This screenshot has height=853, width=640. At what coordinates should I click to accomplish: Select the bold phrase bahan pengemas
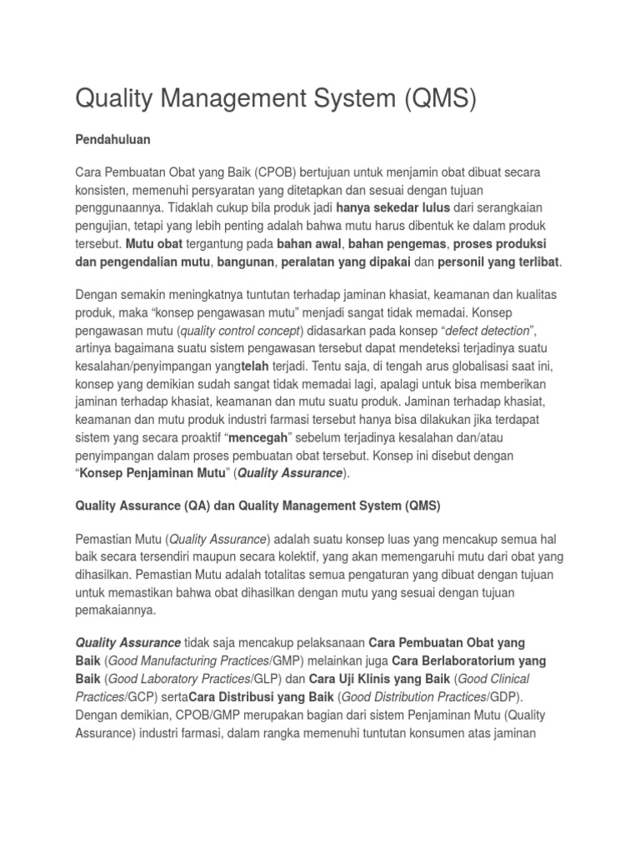point(395,245)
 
